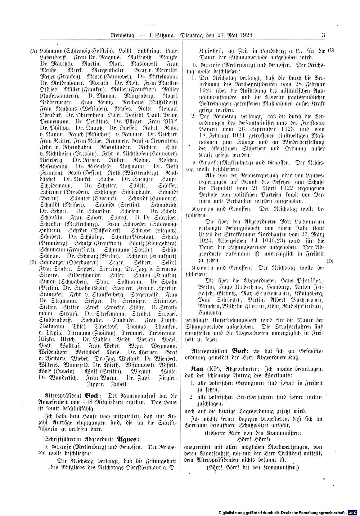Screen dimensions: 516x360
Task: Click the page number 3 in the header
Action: (323, 35)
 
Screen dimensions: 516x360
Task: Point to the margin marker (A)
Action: (33, 51)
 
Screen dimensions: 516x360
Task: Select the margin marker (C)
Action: (331, 50)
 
